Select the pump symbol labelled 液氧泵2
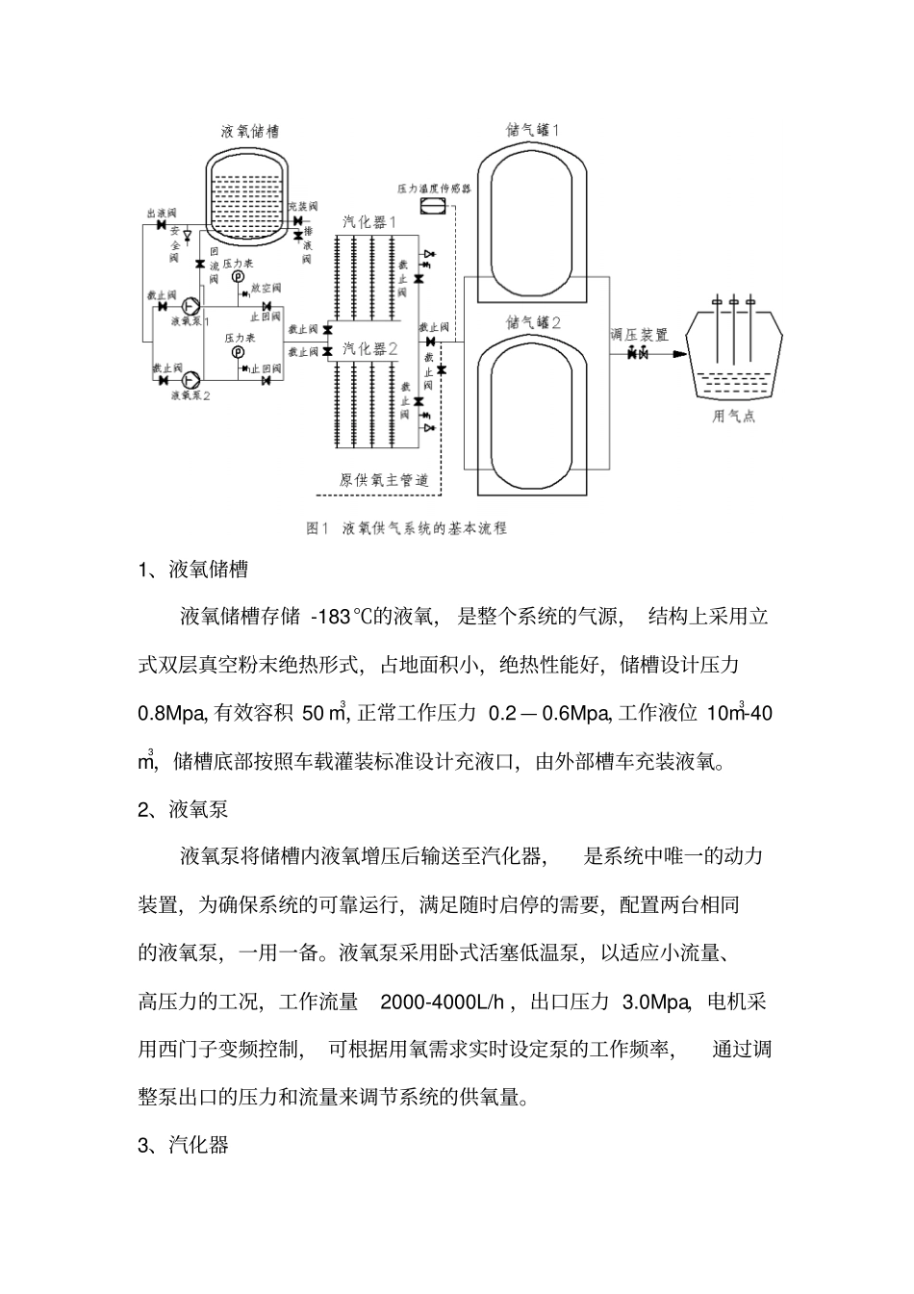(x=190, y=379)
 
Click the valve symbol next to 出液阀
(x=160, y=225)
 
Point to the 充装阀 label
(x=301, y=207)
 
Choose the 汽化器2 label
(x=370, y=348)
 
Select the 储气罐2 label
(x=533, y=323)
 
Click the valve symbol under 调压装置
(x=637, y=354)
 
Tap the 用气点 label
(x=733, y=417)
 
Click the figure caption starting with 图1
(x=405, y=528)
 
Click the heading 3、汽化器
(x=184, y=1145)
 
